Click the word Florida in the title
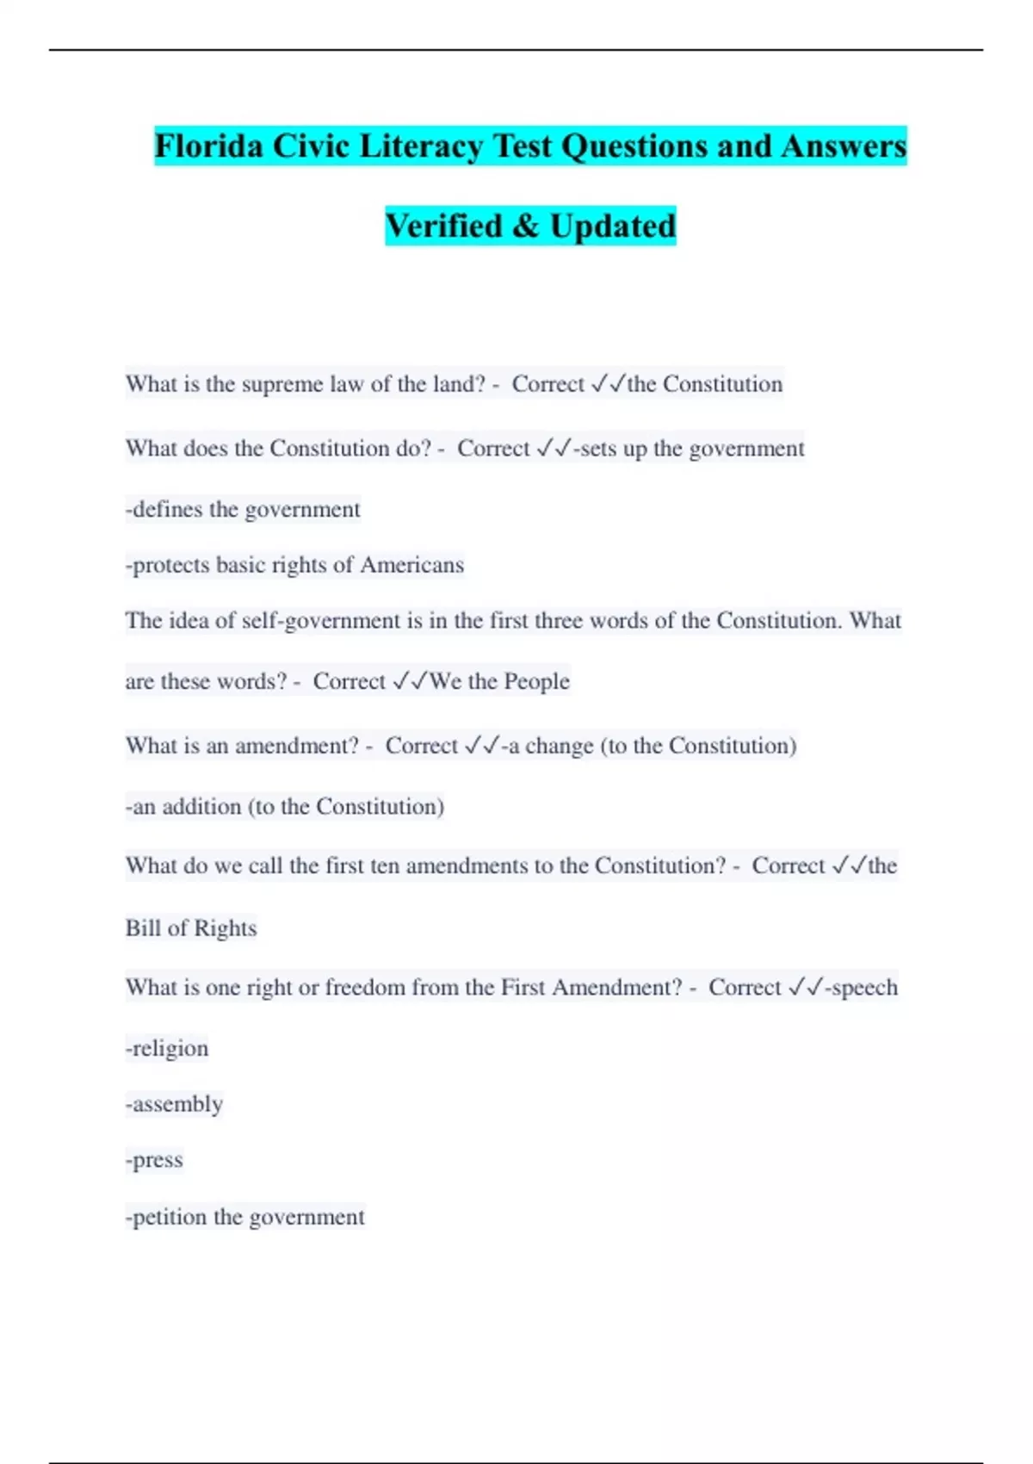208,146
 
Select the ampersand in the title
525,226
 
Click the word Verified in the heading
443,226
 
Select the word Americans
411,565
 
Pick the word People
535,681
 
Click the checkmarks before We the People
410,681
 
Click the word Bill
142,928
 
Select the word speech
864,988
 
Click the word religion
170,1049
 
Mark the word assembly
176,1104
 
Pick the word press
157,1160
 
